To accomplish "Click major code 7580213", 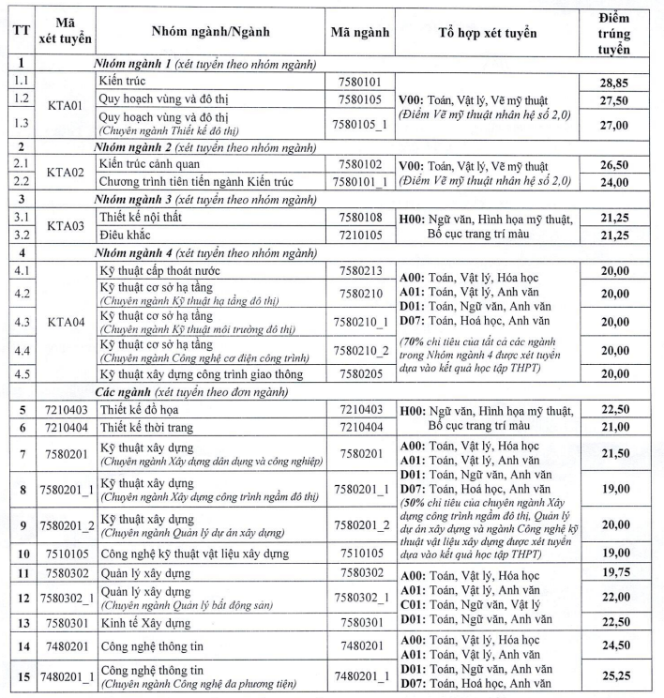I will (360, 271).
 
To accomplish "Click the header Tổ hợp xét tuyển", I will (487, 32).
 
